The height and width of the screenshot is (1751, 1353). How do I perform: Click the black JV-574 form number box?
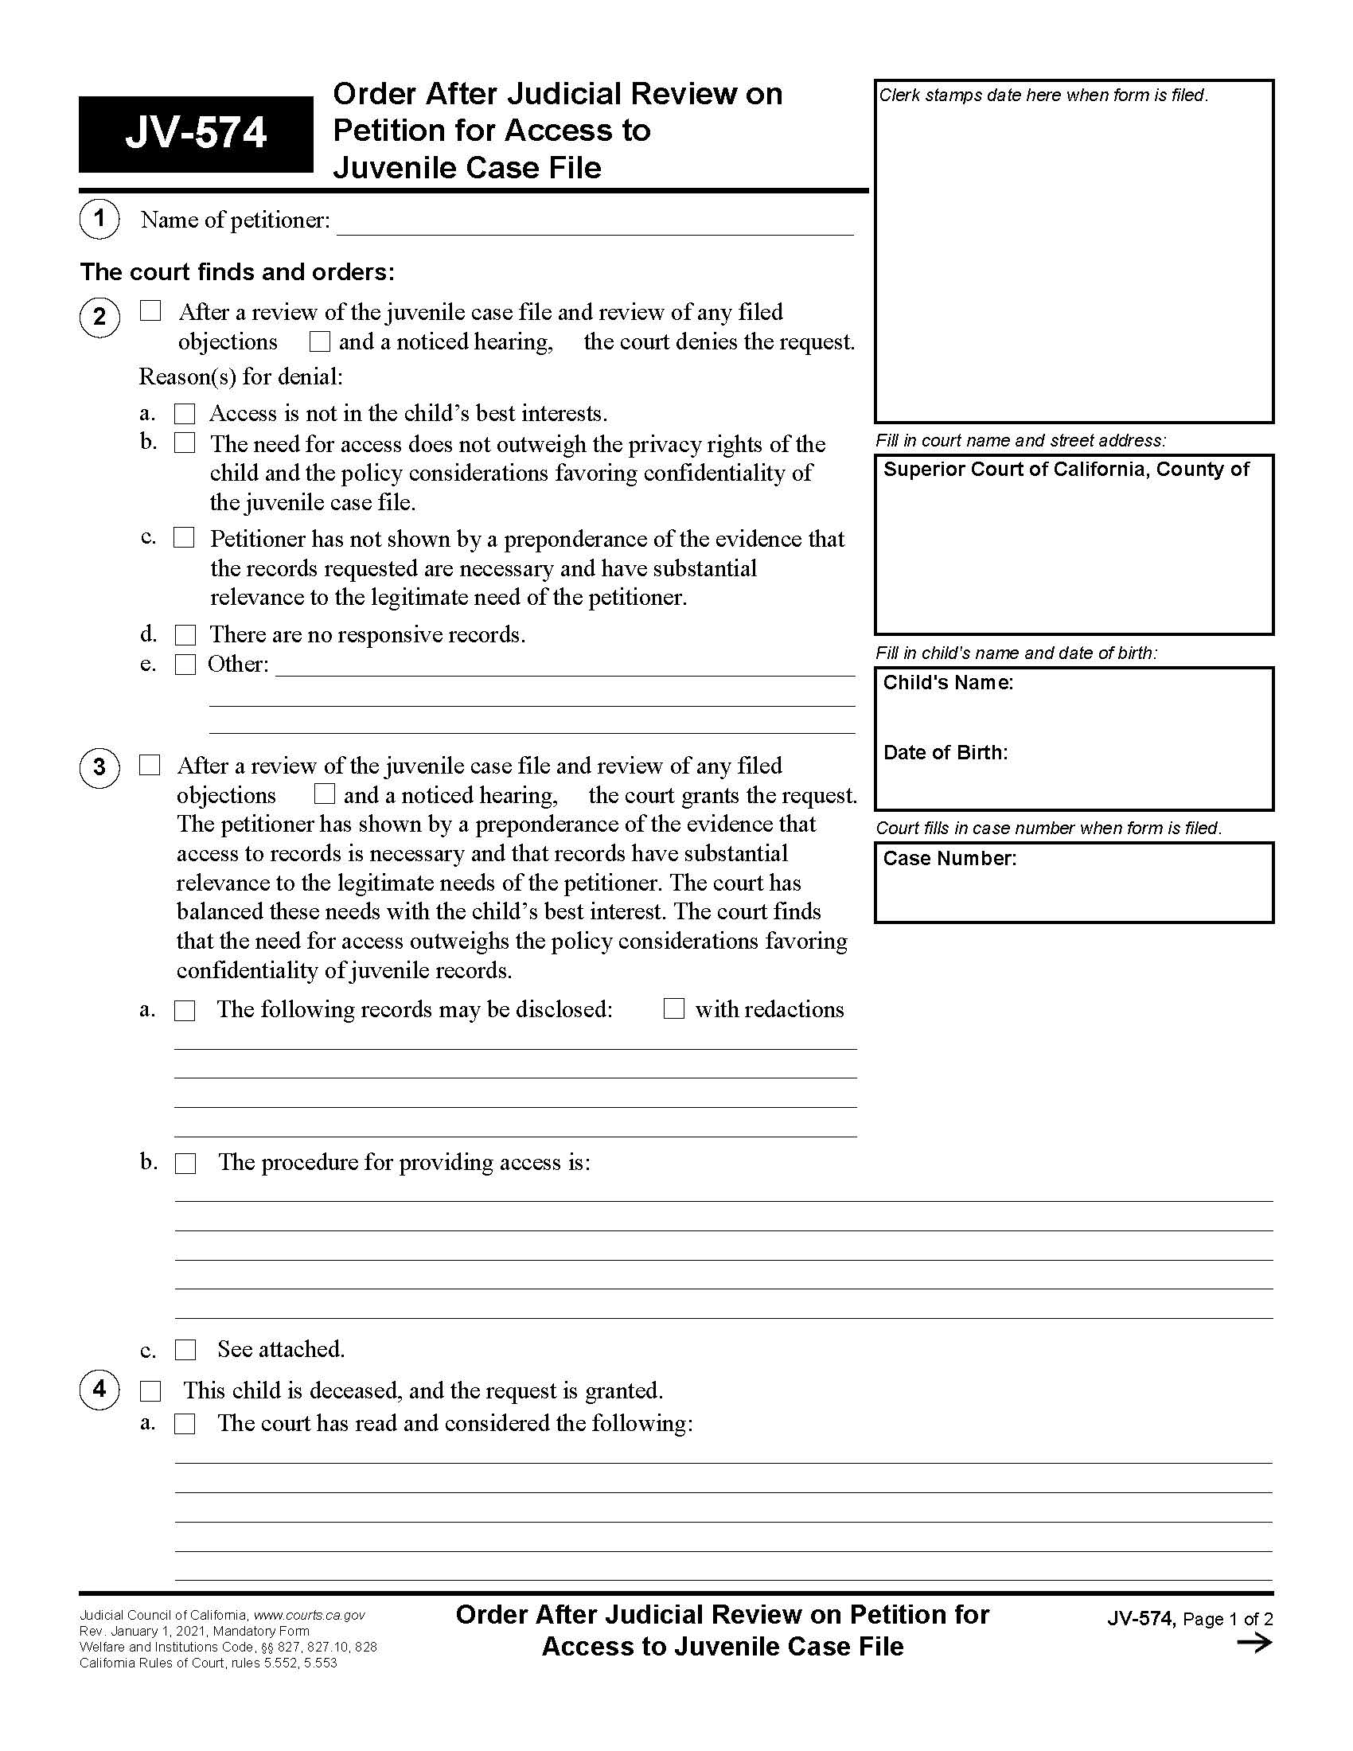point(196,134)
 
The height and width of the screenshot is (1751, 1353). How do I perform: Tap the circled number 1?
point(99,219)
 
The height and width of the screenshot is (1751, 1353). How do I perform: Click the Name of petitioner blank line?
point(595,224)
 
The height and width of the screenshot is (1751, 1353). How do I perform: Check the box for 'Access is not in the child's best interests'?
point(185,414)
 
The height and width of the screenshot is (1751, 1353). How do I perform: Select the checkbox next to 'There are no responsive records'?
point(185,635)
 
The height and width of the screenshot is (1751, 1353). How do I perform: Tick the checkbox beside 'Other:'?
point(185,665)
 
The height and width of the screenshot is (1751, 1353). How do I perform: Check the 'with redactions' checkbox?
point(674,1008)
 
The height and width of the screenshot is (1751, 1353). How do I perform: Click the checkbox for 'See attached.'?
point(185,1350)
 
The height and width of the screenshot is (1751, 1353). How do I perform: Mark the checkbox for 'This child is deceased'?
point(150,1391)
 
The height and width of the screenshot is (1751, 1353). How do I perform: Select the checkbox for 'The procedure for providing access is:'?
point(185,1164)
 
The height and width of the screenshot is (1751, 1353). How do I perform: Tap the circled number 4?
point(99,1390)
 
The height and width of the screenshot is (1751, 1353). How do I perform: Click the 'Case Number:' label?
point(949,859)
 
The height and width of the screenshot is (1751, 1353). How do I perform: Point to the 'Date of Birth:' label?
point(945,753)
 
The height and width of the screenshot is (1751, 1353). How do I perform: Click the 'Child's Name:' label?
point(947,683)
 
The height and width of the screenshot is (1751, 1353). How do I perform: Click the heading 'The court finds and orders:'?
point(237,272)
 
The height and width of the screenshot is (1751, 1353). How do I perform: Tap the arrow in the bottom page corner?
point(1254,1643)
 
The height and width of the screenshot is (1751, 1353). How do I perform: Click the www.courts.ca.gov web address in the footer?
point(320,1616)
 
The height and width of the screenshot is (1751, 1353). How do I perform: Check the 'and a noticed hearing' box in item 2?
point(320,342)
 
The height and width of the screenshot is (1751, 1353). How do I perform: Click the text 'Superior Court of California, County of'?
point(1065,470)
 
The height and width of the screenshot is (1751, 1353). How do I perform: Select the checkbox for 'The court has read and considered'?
point(185,1424)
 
